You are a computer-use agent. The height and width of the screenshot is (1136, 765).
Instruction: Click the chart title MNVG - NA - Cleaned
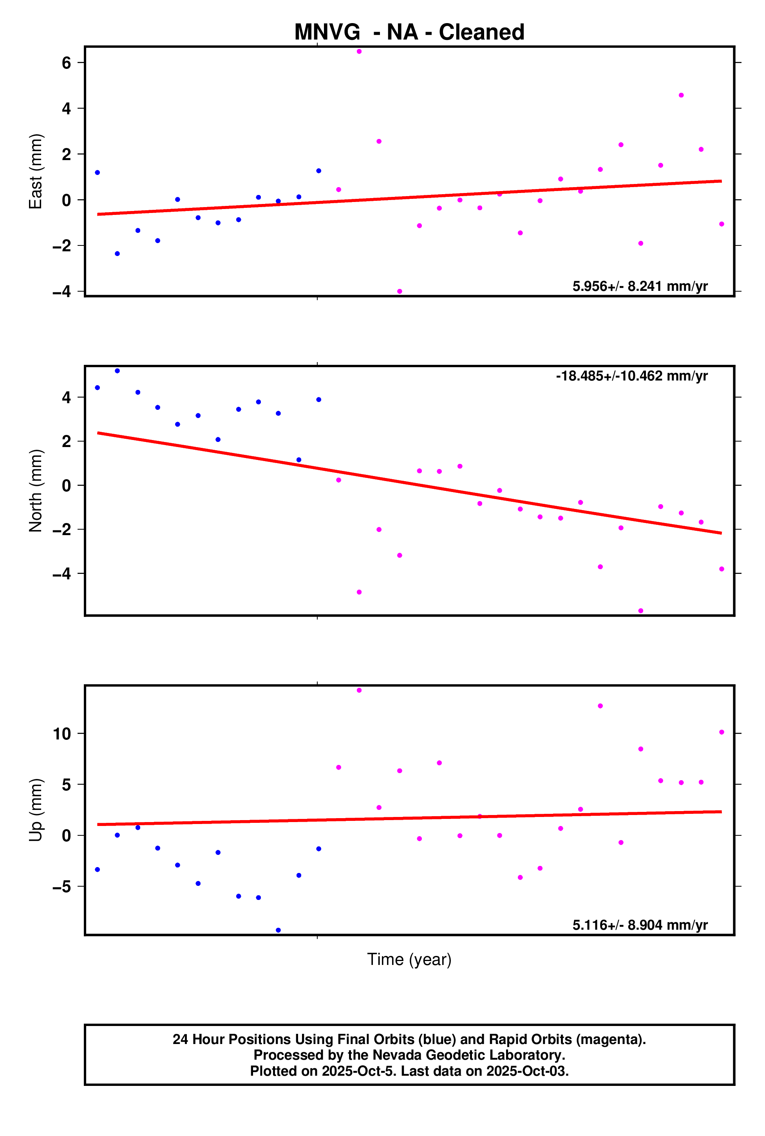click(409, 32)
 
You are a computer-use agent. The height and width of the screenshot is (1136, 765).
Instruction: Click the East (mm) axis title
click(36, 171)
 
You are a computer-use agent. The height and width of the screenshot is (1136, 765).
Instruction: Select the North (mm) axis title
click(36, 490)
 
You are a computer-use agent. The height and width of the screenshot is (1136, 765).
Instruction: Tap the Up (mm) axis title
click(36, 810)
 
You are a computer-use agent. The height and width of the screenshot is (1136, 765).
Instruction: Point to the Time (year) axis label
click(409, 959)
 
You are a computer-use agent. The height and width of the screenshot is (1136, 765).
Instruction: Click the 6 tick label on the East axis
click(66, 63)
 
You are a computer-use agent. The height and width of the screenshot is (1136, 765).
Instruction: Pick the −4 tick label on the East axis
click(62, 292)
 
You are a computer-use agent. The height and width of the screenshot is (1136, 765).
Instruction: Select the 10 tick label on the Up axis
click(62, 733)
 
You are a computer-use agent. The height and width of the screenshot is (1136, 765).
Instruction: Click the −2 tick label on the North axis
click(62, 530)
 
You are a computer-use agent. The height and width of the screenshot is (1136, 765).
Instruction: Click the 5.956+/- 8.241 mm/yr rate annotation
click(640, 286)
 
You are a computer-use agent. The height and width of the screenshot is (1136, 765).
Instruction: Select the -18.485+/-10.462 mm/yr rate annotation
click(631, 376)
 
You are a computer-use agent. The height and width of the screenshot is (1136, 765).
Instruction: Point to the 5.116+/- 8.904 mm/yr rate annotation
click(640, 925)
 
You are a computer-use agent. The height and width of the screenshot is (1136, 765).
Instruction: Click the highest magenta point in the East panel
click(359, 51)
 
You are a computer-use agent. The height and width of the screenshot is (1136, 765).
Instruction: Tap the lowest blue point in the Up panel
click(278, 930)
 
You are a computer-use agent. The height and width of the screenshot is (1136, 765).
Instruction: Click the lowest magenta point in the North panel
click(640, 611)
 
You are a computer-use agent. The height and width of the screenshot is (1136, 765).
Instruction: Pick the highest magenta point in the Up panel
click(359, 691)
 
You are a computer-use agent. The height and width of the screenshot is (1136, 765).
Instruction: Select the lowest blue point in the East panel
click(117, 254)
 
